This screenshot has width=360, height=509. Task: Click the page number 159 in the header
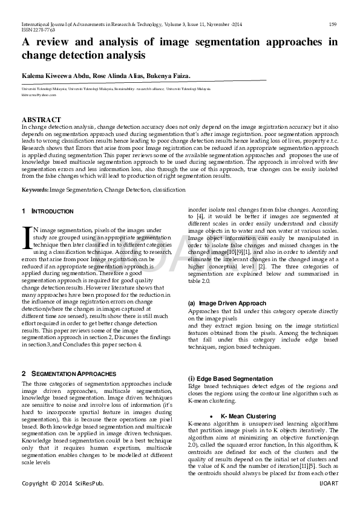coord(332,24)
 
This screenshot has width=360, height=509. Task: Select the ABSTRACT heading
coord(41,120)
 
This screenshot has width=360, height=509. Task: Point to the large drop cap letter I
coord(26,236)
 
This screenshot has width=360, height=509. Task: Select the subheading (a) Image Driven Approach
coord(227,303)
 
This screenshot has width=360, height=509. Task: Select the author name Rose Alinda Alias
coord(117,76)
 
